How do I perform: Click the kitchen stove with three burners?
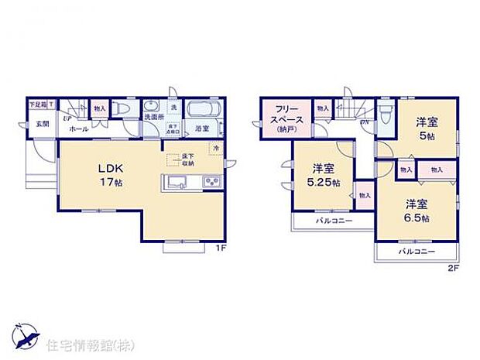(212, 183)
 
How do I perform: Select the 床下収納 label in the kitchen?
(188, 160)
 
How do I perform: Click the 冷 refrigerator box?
(215, 147)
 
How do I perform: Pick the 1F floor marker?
(220, 249)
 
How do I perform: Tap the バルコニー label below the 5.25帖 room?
(334, 221)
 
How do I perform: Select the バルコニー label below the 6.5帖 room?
(417, 252)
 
